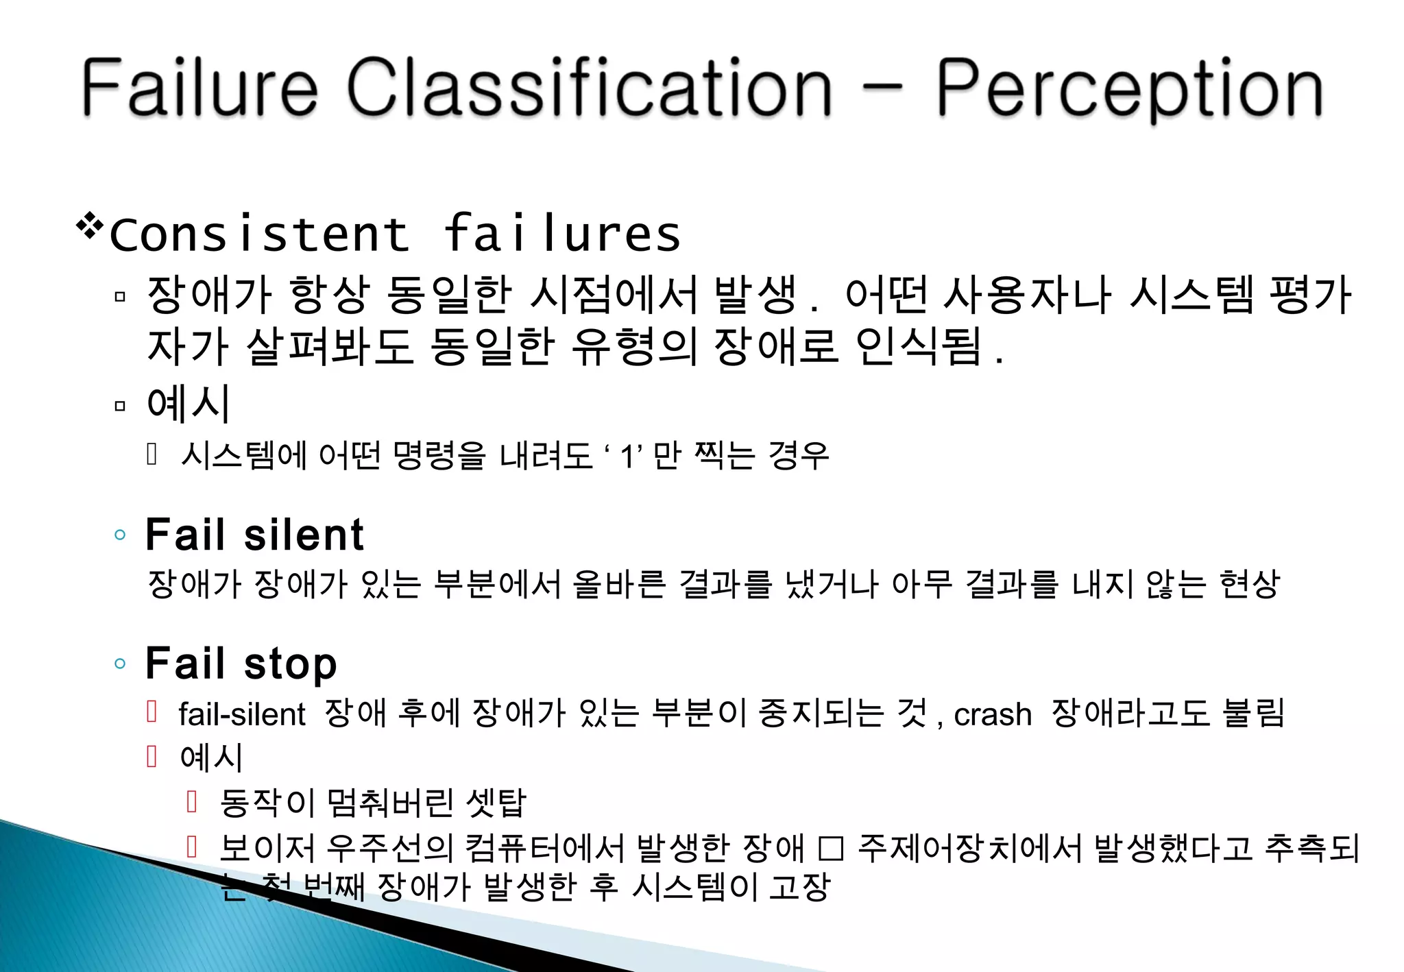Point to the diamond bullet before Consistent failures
click(90, 226)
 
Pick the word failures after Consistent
click(562, 234)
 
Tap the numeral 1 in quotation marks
click(627, 457)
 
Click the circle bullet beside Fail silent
click(120, 535)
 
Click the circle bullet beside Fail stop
click(120, 664)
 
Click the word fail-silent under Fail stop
click(241, 714)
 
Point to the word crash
click(992, 714)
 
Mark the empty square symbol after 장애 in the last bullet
click(831, 849)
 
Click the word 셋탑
click(495, 802)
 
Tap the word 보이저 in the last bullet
click(267, 849)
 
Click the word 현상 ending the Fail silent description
click(1249, 585)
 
